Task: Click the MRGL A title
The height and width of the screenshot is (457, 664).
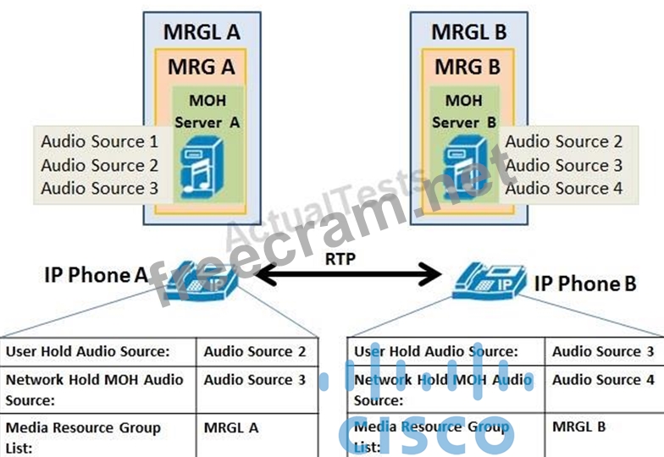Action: (202, 32)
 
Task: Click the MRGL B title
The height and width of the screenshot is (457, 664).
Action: (468, 32)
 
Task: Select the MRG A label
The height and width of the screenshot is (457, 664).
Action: (202, 65)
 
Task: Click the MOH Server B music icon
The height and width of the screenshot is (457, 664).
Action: (464, 168)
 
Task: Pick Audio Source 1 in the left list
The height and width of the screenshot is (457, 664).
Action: (99, 141)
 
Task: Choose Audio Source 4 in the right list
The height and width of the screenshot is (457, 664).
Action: (564, 188)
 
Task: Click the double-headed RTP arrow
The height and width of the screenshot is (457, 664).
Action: (348, 274)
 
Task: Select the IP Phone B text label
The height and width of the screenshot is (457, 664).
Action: (585, 284)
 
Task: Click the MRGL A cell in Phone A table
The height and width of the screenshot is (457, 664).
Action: (231, 427)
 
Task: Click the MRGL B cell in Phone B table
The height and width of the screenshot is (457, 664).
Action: (579, 426)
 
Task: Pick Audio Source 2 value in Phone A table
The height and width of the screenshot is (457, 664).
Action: (255, 351)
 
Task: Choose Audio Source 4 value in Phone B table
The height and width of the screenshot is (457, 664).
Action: (603, 380)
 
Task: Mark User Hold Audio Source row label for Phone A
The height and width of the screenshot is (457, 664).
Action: (88, 351)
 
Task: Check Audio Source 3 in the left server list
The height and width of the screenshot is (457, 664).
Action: (99, 188)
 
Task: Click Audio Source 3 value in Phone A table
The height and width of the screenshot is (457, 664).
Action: (255, 380)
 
